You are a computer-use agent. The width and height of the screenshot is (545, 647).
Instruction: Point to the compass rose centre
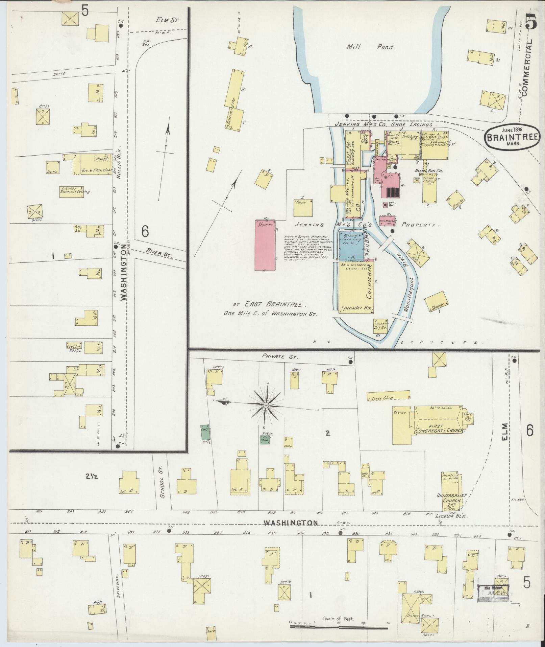[266, 405]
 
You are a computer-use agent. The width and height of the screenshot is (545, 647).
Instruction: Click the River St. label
[157, 252]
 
